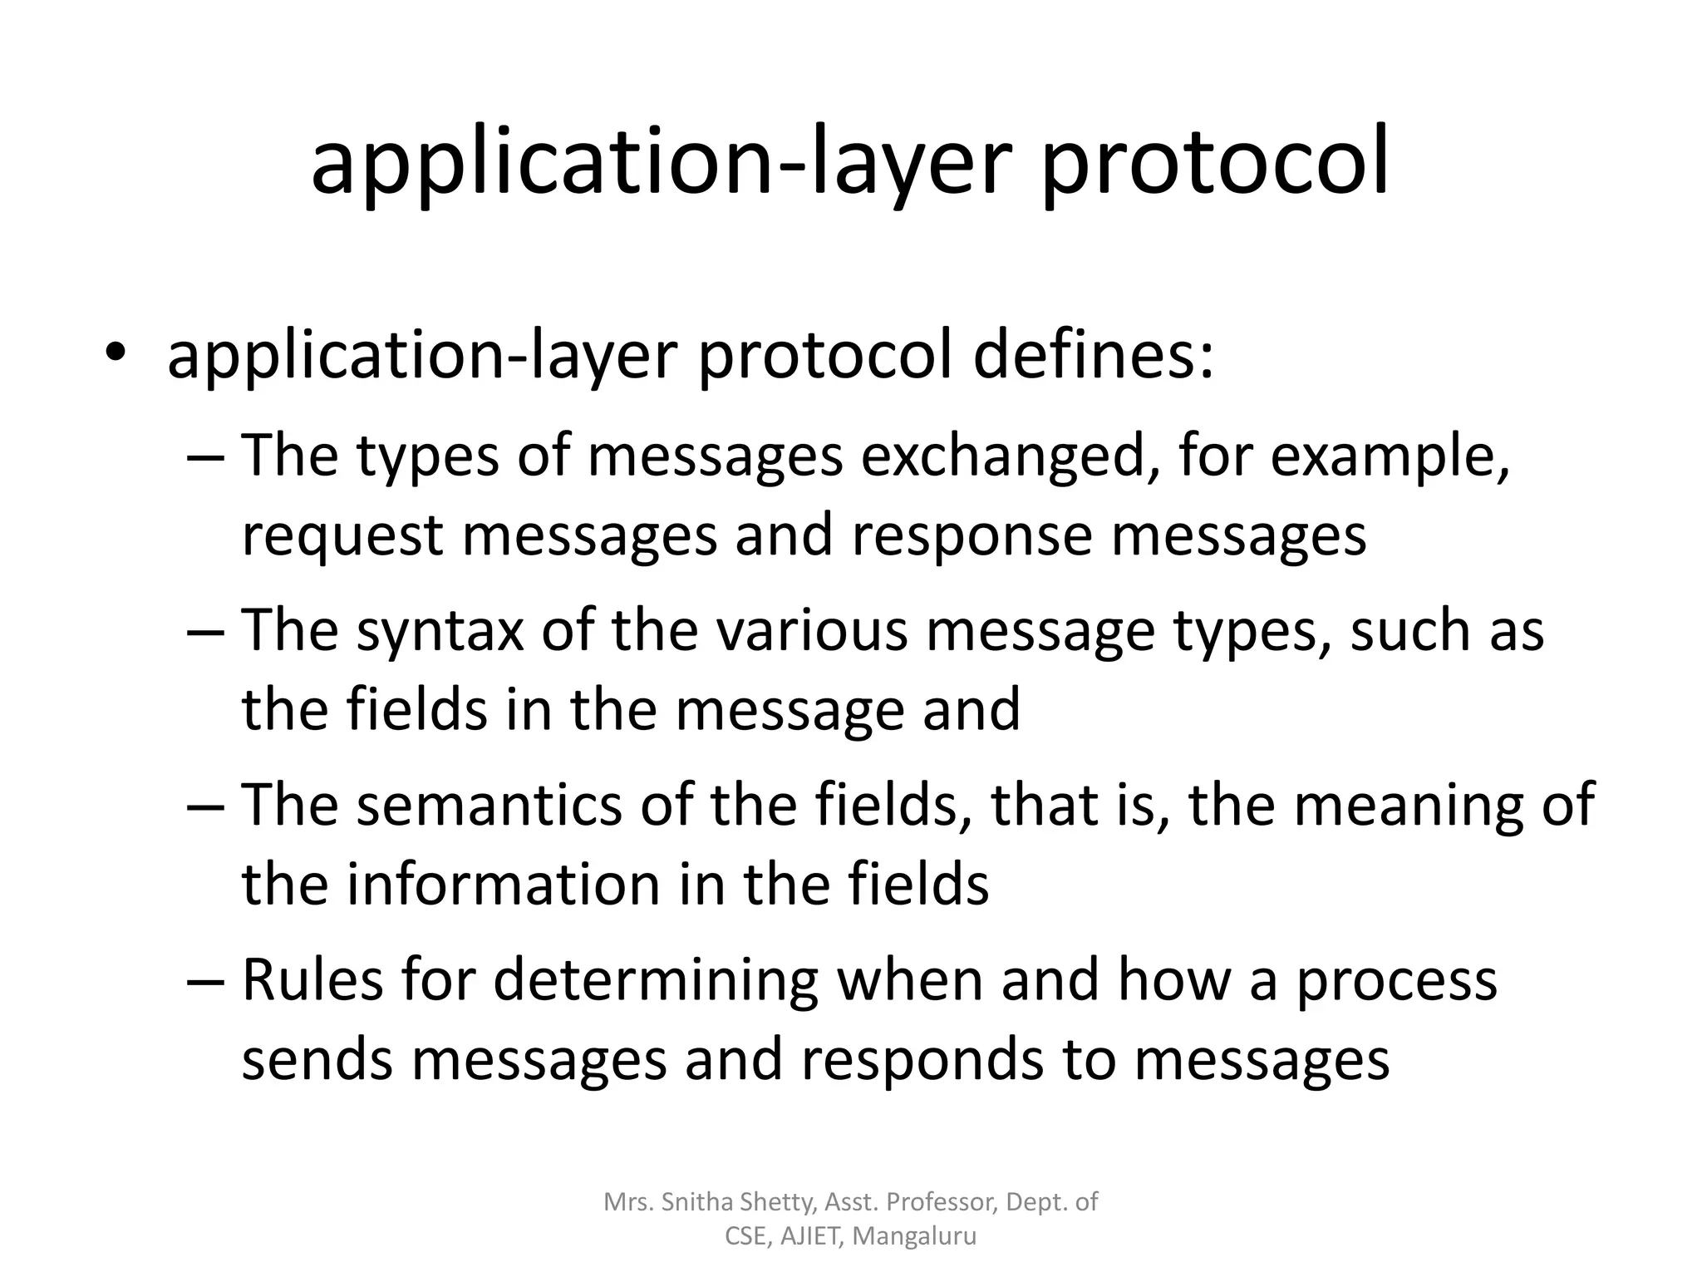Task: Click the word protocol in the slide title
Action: [1214, 163]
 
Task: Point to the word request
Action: [342, 536]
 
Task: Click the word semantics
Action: [489, 805]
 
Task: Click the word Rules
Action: [312, 979]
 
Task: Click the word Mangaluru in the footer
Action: [914, 1236]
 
